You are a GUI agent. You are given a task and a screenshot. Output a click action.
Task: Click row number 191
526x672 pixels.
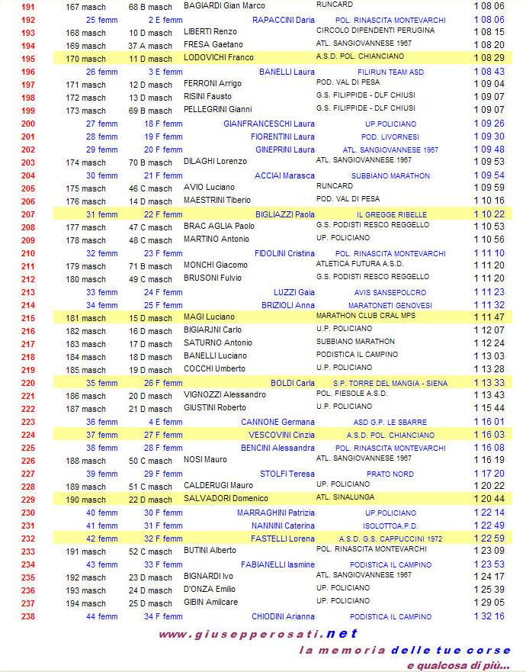pos(28,6)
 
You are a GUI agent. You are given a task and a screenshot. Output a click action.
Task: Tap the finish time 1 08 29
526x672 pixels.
pos(489,58)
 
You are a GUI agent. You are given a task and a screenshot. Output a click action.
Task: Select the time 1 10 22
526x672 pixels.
pos(489,214)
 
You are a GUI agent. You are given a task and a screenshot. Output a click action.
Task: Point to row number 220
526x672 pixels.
pos(28,383)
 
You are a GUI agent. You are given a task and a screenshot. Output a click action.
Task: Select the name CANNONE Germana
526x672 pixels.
pos(277,422)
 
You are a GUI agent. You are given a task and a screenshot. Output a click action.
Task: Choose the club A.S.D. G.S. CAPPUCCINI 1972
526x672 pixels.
pos(390,539)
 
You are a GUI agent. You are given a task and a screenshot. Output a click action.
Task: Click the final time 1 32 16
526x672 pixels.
pos(489,616)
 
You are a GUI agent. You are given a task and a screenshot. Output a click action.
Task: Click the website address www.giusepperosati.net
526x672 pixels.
pos(258,634)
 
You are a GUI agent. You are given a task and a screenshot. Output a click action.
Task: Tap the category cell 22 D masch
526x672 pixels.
pos(150,500)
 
